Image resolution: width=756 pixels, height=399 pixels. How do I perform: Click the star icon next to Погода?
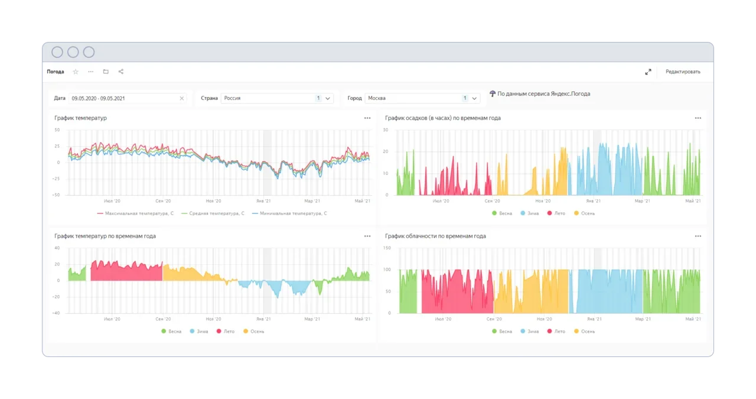(x=76, y=72)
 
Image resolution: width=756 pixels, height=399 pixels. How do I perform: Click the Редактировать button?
(x=683, y=72)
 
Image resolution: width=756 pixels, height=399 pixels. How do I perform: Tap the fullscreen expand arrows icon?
(x=648, y=72)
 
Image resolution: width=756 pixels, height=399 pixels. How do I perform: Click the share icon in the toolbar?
(x=121, y=72)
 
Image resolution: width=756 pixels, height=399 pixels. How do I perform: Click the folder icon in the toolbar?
(x=106, y=72)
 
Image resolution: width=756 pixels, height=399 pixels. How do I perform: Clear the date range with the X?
(x=181, y=98)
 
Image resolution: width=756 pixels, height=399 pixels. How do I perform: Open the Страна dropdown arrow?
(x=328, y=98)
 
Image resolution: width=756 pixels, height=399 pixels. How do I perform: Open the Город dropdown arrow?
(x=474, y=98)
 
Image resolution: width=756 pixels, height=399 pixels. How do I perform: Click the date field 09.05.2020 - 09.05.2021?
(x=98, y=98)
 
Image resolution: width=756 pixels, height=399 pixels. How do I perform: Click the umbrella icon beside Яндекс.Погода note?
(x=493, y=93)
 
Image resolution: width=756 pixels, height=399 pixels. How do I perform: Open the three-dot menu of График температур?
(x=367, y=118)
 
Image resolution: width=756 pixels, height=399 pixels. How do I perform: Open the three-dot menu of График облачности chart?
(x=698, y=236)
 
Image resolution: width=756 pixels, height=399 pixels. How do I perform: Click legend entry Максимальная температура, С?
(x=135, y=213)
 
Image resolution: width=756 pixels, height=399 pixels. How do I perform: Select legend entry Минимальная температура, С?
(x=289, y=213)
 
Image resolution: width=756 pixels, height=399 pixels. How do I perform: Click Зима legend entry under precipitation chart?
(x=530, y=213)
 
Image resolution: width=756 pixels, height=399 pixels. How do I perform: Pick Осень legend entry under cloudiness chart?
(x=584, y=332)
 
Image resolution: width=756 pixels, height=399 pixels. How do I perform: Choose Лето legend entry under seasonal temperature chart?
(x=226, y=332)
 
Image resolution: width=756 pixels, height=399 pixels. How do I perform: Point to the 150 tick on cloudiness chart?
(x=387, y=248)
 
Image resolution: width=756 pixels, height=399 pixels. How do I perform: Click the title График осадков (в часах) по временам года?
(x=443, y=118)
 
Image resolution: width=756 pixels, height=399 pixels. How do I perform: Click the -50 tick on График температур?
(x=56, y=195)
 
